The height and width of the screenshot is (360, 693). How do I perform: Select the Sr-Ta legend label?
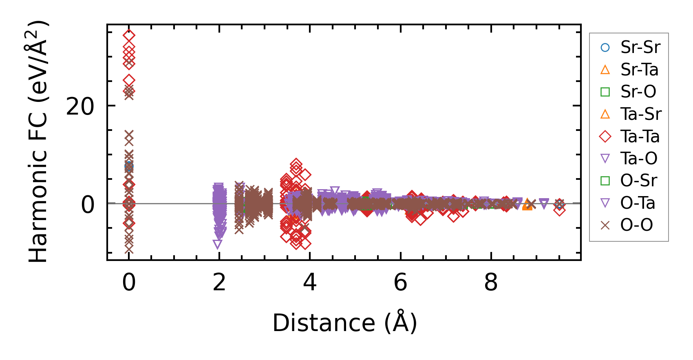(x=639, y=70)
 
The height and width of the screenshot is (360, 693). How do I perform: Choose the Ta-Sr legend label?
(x=641, y=114)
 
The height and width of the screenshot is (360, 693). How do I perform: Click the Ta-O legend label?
(x=639, y=159)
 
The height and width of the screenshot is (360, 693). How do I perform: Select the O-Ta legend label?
(x=638, y=203)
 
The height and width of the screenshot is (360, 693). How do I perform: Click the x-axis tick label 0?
(x=129, y=282)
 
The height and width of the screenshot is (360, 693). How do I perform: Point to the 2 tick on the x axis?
(x=219, y=282)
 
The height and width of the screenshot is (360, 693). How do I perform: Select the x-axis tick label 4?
(x=310, y=282)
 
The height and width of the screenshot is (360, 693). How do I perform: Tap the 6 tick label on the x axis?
(x=400, y=282)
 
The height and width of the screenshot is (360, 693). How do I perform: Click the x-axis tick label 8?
(x=491, y=282)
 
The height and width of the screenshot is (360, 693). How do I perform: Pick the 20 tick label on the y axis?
(x=80, y=107)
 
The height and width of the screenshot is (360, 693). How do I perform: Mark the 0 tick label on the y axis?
(x=88, y=205)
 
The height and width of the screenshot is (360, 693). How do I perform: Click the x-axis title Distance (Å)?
(x=344, y=323)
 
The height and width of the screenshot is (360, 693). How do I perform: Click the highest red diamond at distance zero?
(x=129, y=35)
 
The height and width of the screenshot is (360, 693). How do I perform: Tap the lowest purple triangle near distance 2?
(x=217, y=244)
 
